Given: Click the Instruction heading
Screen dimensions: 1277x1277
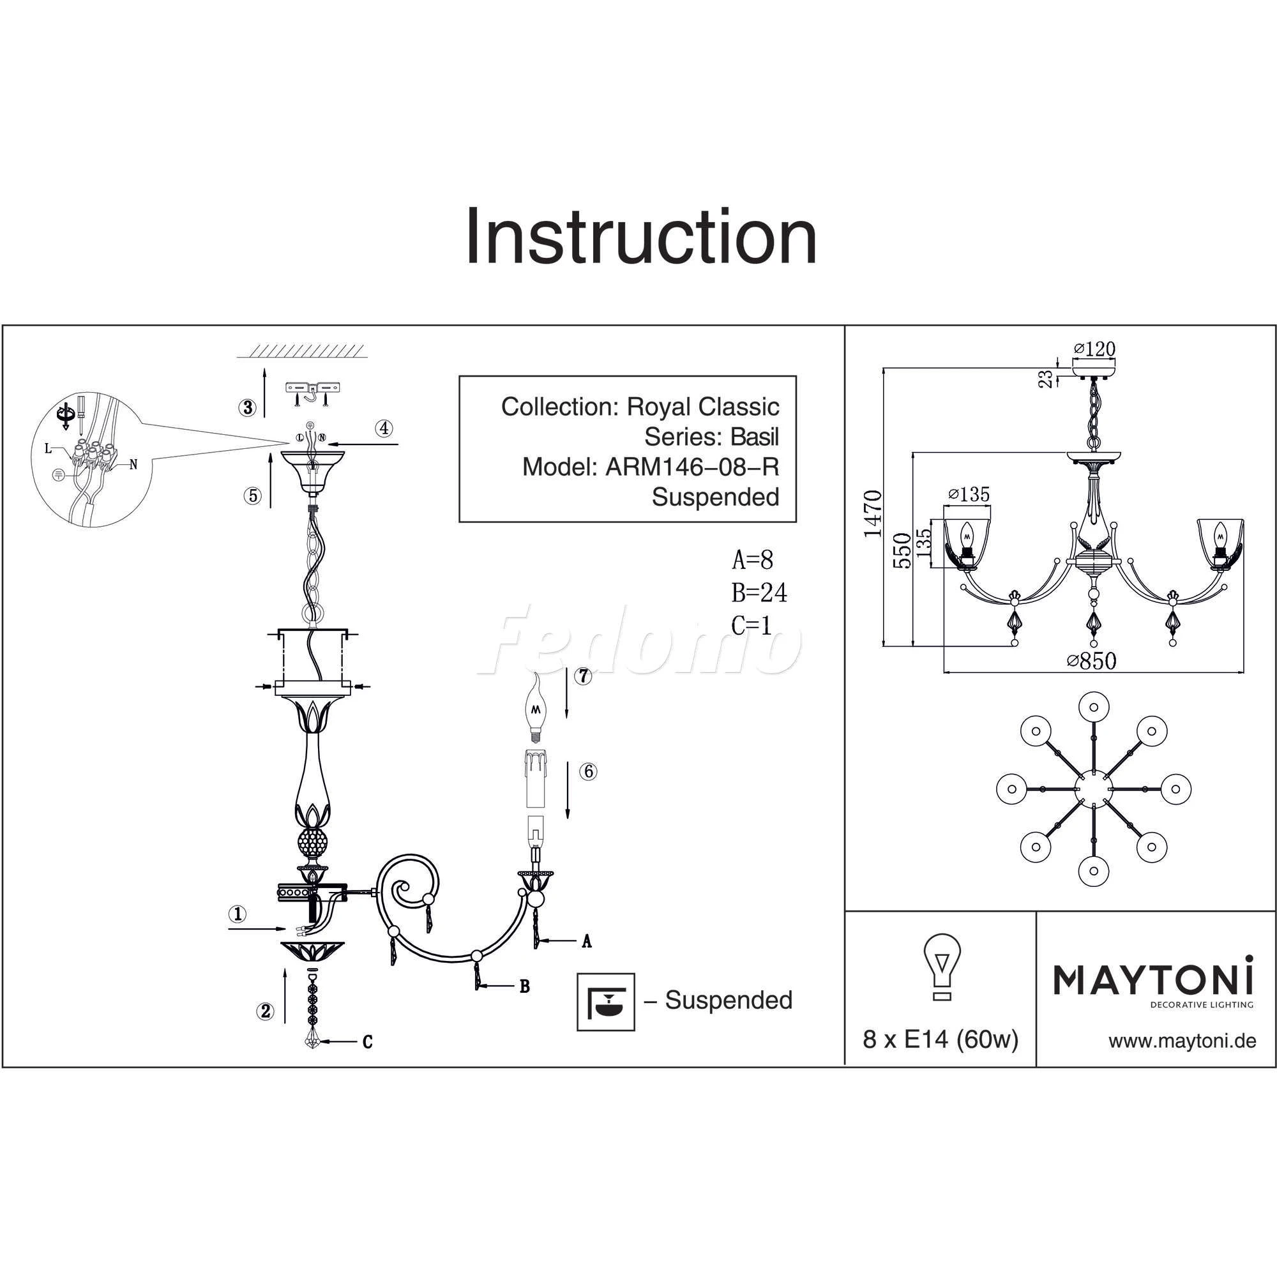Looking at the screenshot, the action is click(641, 236).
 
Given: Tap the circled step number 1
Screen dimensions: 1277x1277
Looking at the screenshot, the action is click(238, 914).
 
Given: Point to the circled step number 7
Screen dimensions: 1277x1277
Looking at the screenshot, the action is click(583, 676).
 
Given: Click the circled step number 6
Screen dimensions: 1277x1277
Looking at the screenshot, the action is click(588, 771).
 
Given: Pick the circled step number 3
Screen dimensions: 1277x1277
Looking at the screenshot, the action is click(248, 407).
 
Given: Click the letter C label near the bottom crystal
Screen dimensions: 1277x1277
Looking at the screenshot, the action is click(368, 1043).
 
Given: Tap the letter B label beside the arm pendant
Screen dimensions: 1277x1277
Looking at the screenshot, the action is click(525, 987).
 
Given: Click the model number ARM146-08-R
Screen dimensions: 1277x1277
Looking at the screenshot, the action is click(693, 467).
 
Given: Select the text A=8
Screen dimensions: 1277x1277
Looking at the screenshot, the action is click(752, 561).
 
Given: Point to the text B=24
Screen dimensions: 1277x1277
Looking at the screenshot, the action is click(759, 593).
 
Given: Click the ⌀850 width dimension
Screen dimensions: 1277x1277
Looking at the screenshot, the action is click(1092, 660).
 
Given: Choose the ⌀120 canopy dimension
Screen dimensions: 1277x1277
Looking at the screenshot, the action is click(1094, 349).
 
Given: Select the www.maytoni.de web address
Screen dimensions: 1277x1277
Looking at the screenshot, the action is click(1183, 1041).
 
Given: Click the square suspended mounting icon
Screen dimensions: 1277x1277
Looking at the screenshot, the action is click(605, 1001).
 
